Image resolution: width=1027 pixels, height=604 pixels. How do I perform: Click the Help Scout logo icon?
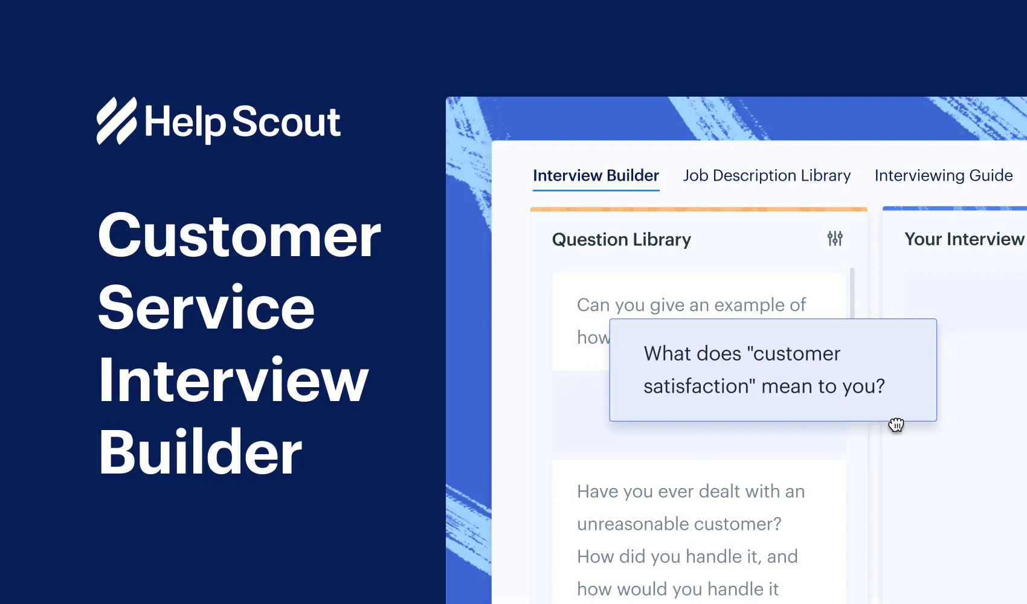[117, 121]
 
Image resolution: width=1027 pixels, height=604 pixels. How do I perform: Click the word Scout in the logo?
[286, 122]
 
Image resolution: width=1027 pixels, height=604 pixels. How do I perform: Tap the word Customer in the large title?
[239, 236]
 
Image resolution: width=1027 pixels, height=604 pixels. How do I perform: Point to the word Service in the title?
[206, 308]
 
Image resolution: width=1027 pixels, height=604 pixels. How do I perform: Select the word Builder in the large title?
[200, 452]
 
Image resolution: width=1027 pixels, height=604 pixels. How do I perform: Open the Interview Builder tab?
[596, 176]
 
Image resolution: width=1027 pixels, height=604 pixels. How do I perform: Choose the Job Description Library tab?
[767, 176]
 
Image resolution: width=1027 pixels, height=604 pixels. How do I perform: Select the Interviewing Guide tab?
[943, 176]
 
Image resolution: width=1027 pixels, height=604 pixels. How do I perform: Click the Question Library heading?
[621, 240]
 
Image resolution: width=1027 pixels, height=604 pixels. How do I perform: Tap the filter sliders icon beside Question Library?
[835, 239]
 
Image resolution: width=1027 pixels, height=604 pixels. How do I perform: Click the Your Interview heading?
[964, 239]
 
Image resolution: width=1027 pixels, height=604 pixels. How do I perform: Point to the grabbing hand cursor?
[896, 425]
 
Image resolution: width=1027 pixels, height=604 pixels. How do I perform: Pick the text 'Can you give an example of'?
[691, 305]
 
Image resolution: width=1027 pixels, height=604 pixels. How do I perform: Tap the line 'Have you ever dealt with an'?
[691, 492]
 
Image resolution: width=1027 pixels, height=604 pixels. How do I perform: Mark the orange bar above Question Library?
[698, 210]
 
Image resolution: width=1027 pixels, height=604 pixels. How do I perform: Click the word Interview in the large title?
[233, 381]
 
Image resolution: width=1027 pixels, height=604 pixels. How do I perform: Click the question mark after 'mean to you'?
[880, 387]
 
